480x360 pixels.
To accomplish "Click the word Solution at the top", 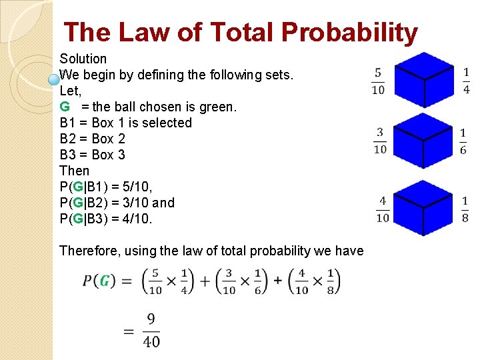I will click(x=83, y=59).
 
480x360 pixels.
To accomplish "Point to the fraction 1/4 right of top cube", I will click(x=466, y=81).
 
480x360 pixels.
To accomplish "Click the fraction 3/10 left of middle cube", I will click(x=379, y=141).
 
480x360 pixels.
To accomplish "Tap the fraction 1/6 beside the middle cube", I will click(x=463, y=141).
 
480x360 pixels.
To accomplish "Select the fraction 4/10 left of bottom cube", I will click(x=383, y=209).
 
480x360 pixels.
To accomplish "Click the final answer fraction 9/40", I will click(x=151, y=330).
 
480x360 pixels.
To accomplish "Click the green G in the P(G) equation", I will click(x=104, y=281).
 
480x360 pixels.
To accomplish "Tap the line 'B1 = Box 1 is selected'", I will click(x=125, y=123).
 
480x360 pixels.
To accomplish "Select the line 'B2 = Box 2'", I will click(x=92, y=139).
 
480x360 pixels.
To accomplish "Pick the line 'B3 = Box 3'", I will click(x=92, y=155).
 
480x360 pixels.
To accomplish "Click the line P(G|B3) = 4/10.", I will click(x=106, y=219).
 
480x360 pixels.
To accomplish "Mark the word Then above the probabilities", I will click(x=74, y=171).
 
